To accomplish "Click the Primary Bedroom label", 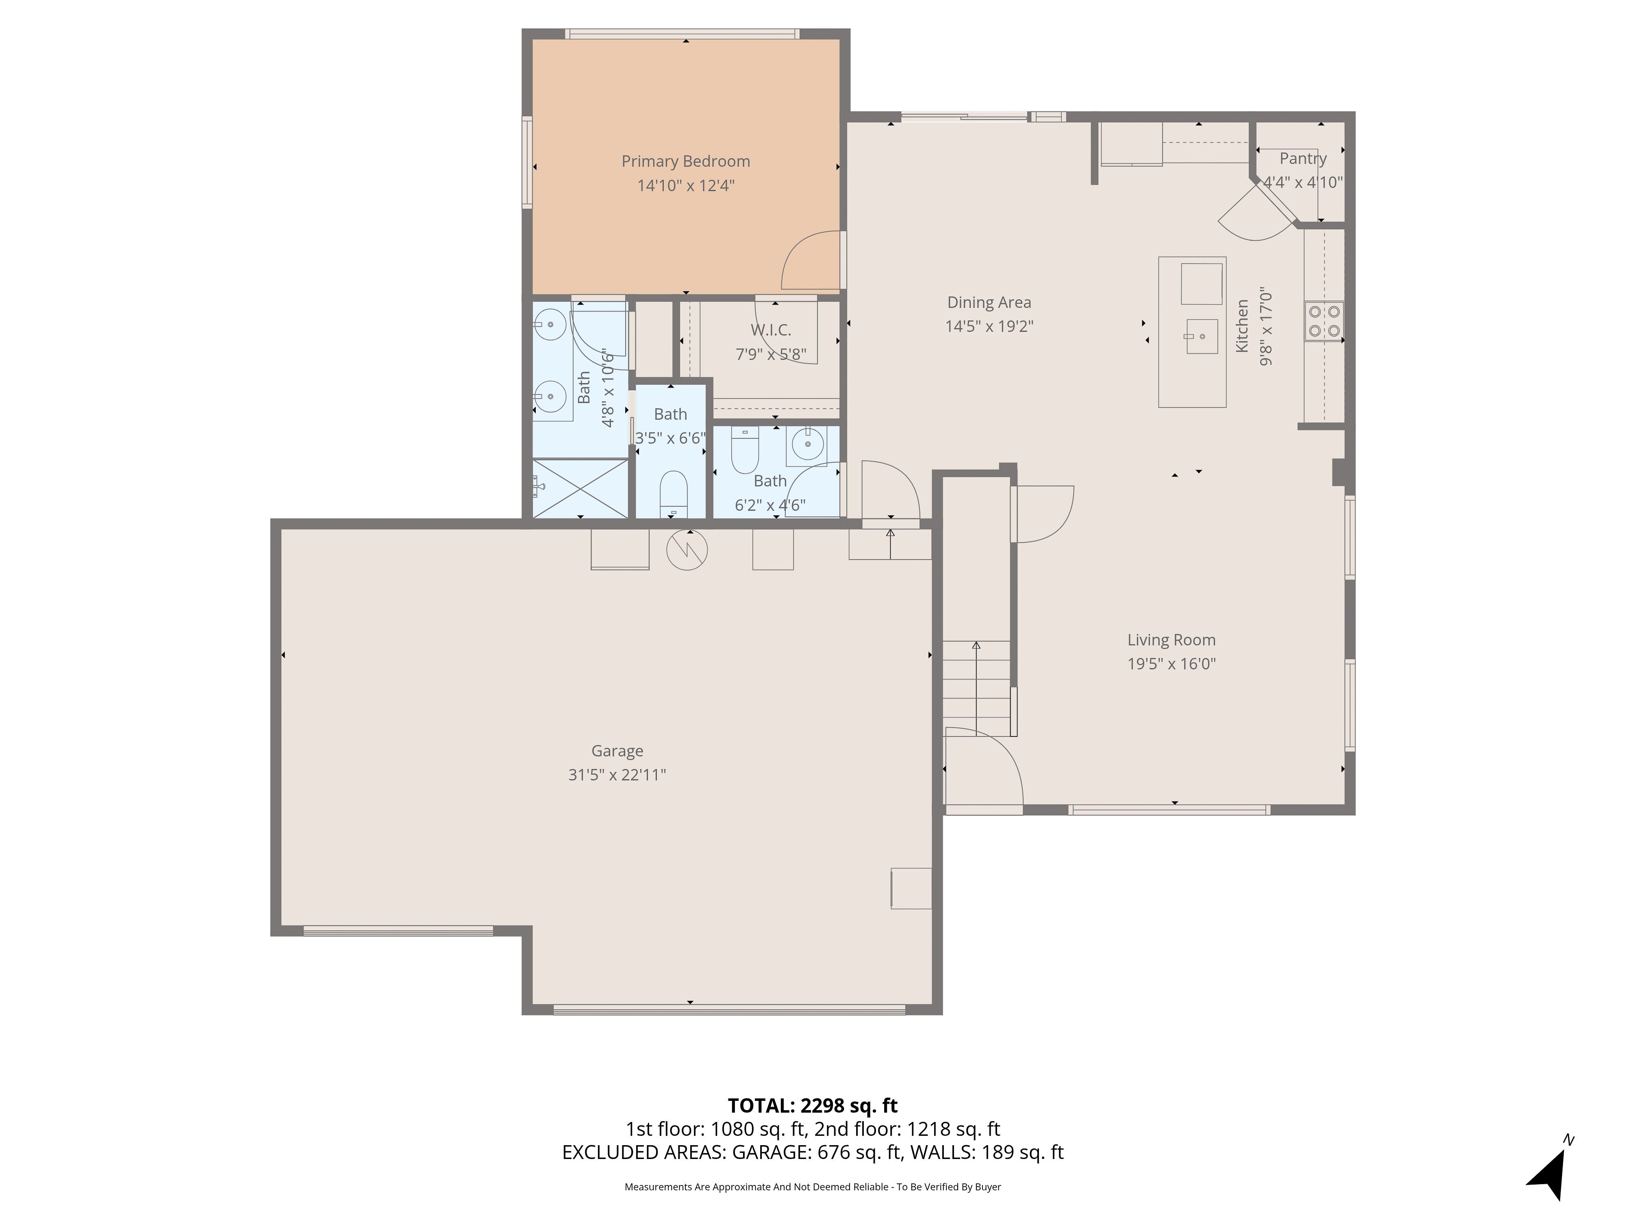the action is coord(686,161).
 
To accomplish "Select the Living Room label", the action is coord(1172,640).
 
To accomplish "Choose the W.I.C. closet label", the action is coord(770,330).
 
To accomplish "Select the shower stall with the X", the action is coord(580,488).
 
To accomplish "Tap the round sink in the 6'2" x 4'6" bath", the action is coord(808,444).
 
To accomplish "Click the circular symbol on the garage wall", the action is coord(687,549).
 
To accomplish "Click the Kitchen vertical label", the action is coord(1241,326).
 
